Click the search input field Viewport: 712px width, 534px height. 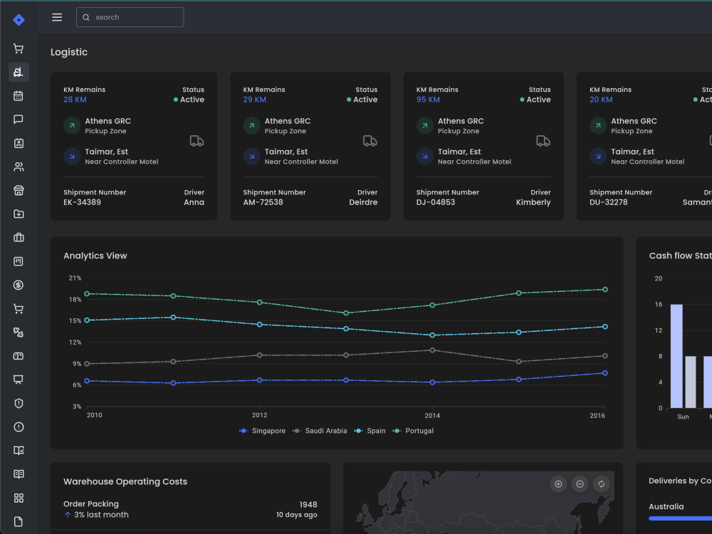130,17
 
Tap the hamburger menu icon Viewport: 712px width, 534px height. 57,17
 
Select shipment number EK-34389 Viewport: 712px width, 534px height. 82,202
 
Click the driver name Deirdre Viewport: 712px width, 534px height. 363,202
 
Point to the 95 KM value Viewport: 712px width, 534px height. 428,100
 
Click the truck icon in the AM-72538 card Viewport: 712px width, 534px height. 370,141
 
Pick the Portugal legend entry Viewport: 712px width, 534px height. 413,431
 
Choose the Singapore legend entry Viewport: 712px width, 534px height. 263,431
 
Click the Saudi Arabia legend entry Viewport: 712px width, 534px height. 320,431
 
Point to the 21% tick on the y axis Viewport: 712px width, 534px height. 75,278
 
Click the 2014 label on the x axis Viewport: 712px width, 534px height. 432,415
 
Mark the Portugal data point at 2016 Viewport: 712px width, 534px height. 604,289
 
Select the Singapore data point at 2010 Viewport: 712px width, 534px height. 87,381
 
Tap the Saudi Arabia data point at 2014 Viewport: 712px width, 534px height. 432,350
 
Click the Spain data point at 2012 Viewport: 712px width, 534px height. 260,324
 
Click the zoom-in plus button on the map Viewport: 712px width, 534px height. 558,484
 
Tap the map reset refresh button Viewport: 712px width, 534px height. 601,484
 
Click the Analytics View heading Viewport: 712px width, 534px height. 95,256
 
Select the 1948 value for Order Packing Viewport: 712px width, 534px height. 308,505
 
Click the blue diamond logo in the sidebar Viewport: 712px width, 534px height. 19,19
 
